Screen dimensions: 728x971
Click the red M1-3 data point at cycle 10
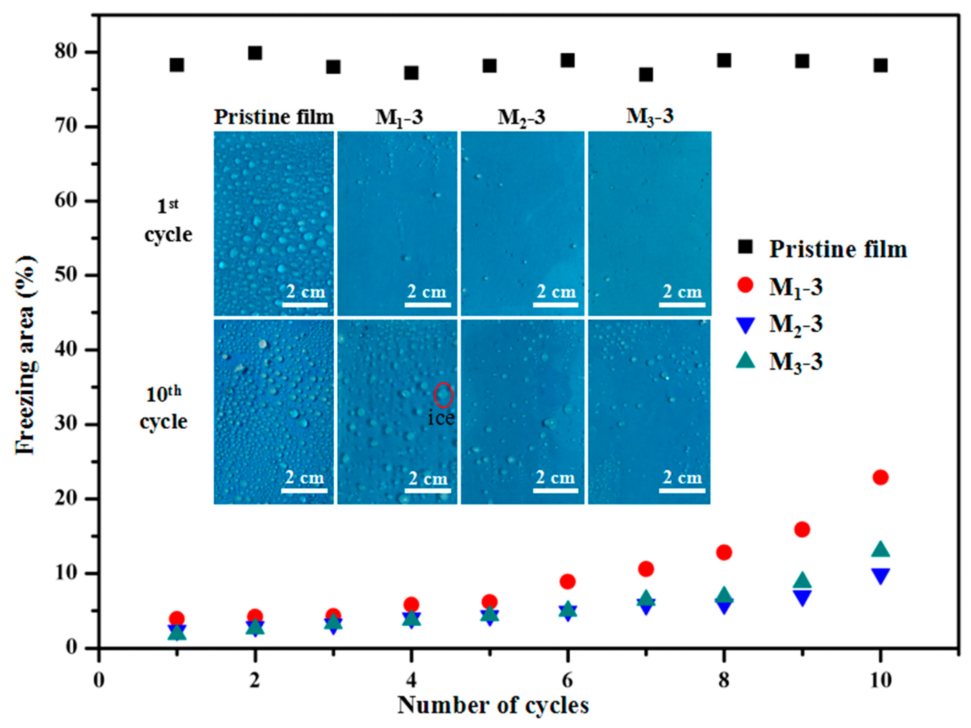click(880, 477)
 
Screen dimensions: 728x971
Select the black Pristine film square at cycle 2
click(255, 53)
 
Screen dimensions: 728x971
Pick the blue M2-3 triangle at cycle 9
click(802, 598)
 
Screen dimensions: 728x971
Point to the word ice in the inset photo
click(441, 418)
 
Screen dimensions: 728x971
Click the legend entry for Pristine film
click(837, 249)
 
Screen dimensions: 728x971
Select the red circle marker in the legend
click(745, 285)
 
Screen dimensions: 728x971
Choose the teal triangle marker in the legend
click(745, 361)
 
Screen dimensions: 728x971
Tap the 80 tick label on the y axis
click(66, 52)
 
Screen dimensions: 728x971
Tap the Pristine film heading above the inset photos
click(274, 117)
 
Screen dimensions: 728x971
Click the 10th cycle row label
click(163, 409)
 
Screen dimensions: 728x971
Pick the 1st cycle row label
click(168, 221)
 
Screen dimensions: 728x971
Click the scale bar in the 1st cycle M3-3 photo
click(682, 304)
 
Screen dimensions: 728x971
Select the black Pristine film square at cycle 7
click(646, 75)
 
